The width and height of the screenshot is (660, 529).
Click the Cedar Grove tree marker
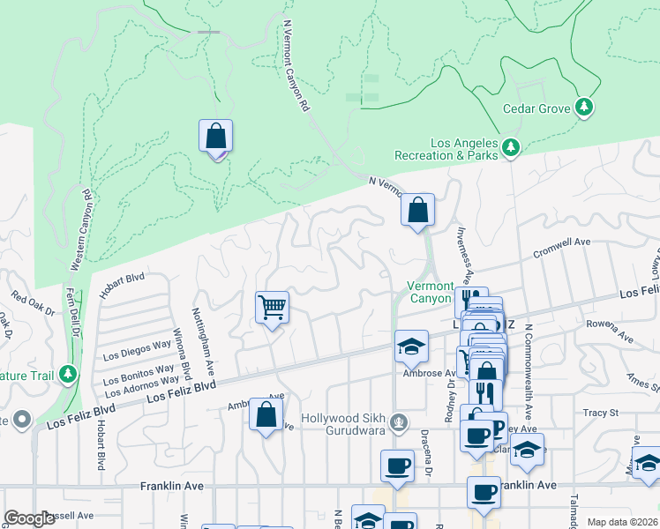pyautogui.click(x=583, y=108)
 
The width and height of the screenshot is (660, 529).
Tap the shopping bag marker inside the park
pyautogui.click(x=215, y=138)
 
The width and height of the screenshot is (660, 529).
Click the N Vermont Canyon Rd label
pyautogui.click(x=297, y=66)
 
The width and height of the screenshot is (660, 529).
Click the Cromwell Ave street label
pyautogui.click(x=561, y=248)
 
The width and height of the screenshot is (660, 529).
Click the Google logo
pyautogui.click(x=29, y=518)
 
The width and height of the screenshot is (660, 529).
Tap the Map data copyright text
pyautogui.click(x=623, y=522)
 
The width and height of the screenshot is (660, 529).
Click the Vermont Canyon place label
pyautogui.click(x=430, y=292)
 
